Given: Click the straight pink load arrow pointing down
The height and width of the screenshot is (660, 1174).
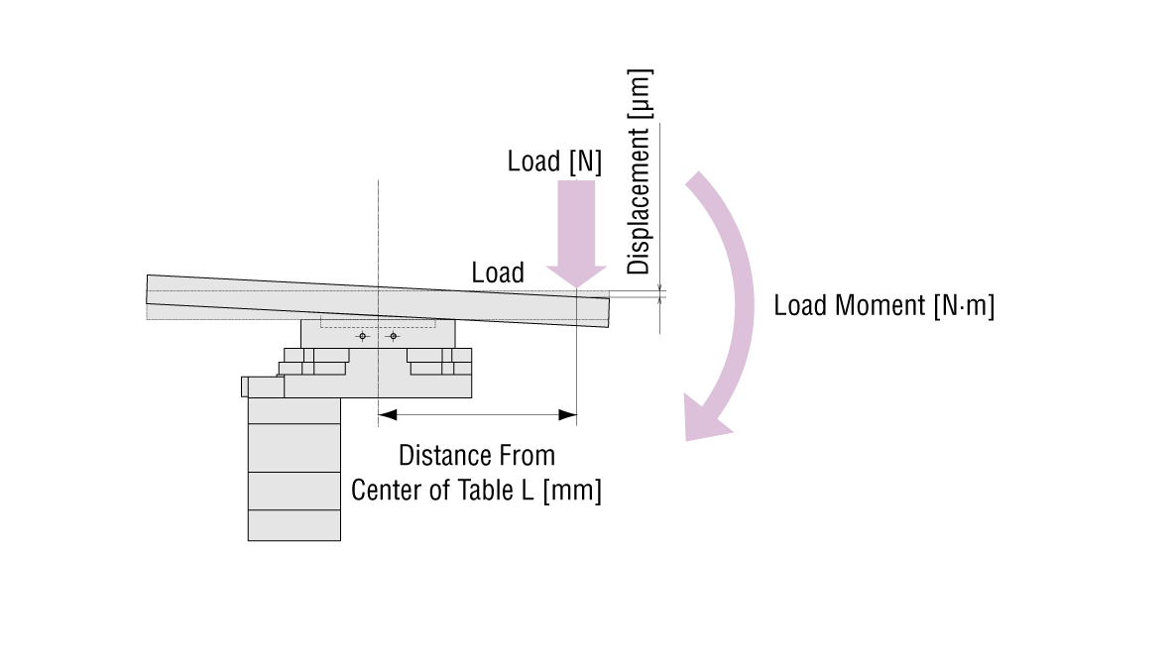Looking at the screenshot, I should click(576, 233).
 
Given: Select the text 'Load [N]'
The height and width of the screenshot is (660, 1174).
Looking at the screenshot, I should click(554, 162).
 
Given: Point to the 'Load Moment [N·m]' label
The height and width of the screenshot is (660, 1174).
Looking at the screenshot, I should click(883, 305).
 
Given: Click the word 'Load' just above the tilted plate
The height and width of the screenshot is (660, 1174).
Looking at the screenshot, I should click(498, 273).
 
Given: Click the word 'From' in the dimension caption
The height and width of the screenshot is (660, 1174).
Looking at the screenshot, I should click(526, 456).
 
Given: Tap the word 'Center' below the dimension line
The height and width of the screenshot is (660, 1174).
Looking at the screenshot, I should click(387, 490).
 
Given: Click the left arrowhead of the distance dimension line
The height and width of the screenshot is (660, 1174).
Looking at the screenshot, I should click(387, 413).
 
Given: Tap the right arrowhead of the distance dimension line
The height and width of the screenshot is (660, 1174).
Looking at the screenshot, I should click(568, 413).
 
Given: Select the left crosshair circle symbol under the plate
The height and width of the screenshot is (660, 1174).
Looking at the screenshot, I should click(363, 337).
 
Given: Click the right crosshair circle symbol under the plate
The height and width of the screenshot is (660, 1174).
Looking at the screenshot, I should click(394, 337).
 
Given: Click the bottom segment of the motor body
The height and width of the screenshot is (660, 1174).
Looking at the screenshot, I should click(293, 525).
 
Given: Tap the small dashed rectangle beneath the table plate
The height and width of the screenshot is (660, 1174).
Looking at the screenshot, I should click(377, 322).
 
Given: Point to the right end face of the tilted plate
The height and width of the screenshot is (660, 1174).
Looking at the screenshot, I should click(609, 311).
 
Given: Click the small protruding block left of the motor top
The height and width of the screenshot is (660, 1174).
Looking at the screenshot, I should click(244, 386).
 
